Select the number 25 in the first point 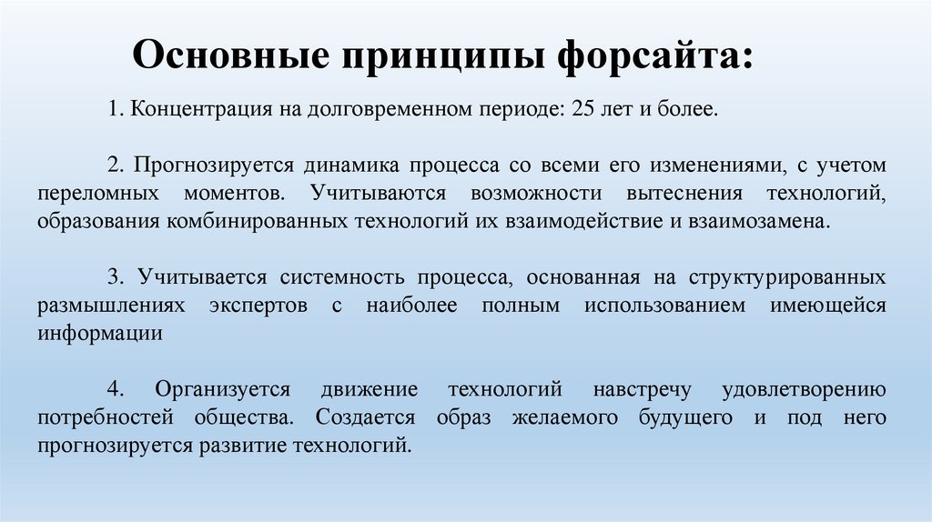pyautogui.click(x=584, y=110)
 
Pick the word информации pyautogui.click(x=100, y=333)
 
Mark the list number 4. pyautogui.click(x=115, y=389)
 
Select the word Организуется pyautogui.click(x=222, y=389)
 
